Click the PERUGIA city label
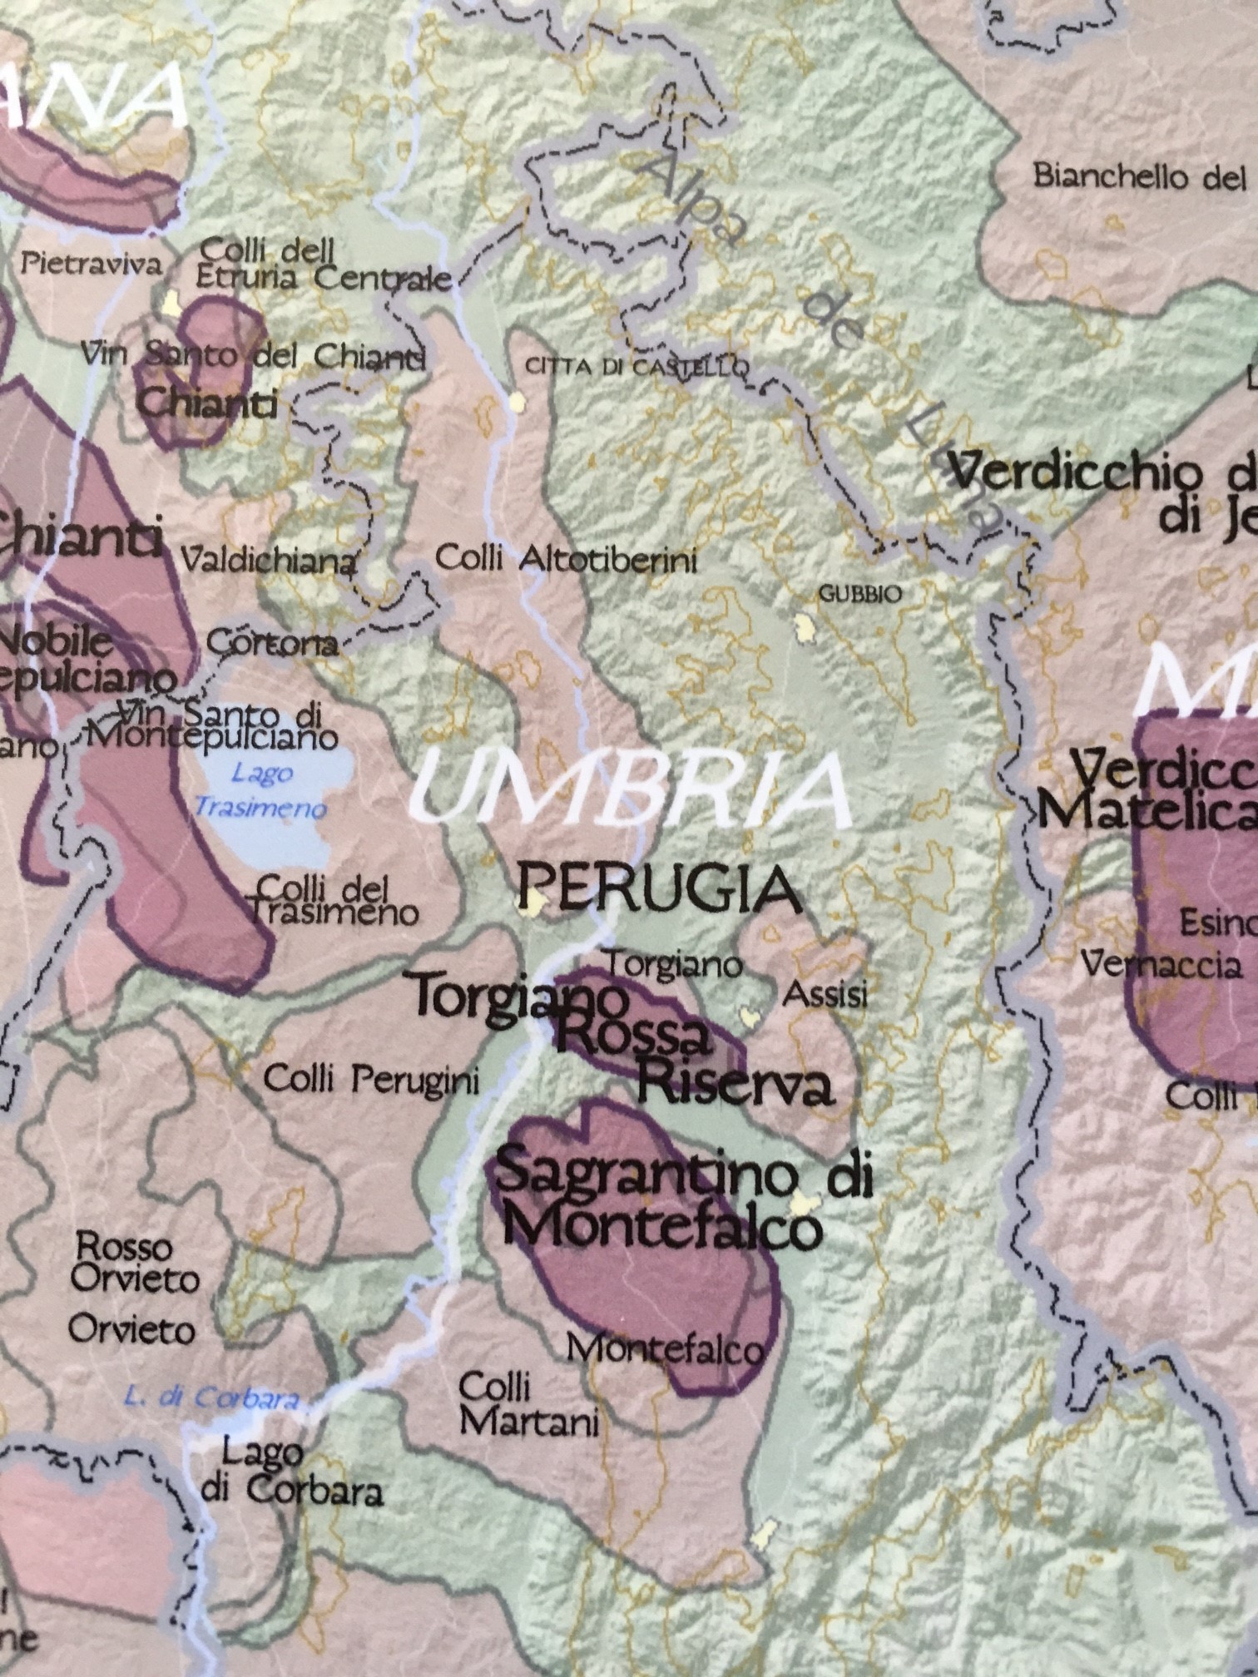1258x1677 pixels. click(660, 888)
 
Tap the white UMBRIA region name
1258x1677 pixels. click(631, 788)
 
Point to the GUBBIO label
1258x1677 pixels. click(860, 594)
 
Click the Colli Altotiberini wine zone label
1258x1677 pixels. click(566, 559)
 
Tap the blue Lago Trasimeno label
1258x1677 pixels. click(261, 790)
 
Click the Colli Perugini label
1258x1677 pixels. click(372, 1080)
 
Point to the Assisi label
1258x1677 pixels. click(826, 994)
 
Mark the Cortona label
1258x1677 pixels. click(272, 643)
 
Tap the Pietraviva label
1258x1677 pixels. click(92, 265)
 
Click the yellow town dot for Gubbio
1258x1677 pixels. click(805, 626)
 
